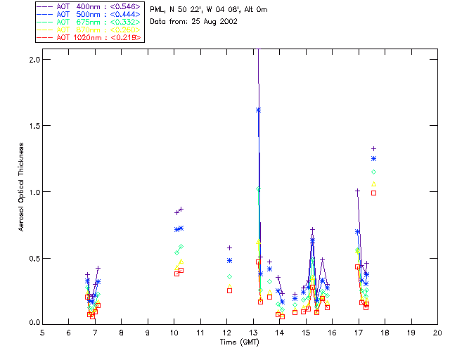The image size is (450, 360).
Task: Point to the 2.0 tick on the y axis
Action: click(33, 60)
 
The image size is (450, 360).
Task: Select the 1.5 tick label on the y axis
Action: click(33, 126)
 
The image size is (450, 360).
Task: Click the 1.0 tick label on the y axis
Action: click(33, 192)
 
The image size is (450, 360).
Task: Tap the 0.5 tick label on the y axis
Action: click(33, 258)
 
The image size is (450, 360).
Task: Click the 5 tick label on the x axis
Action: click(42, 332)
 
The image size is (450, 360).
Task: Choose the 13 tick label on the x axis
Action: click(253, 332)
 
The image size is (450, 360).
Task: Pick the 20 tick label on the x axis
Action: click(437, 332)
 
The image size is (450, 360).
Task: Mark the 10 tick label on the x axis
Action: click(174, 332)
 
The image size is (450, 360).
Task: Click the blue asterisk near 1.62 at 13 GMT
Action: click(259, 110)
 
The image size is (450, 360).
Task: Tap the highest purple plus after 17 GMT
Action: click(374, 148)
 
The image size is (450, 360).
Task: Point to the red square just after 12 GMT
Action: click(229, 290)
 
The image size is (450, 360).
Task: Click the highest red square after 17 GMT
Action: click(374, 193)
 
